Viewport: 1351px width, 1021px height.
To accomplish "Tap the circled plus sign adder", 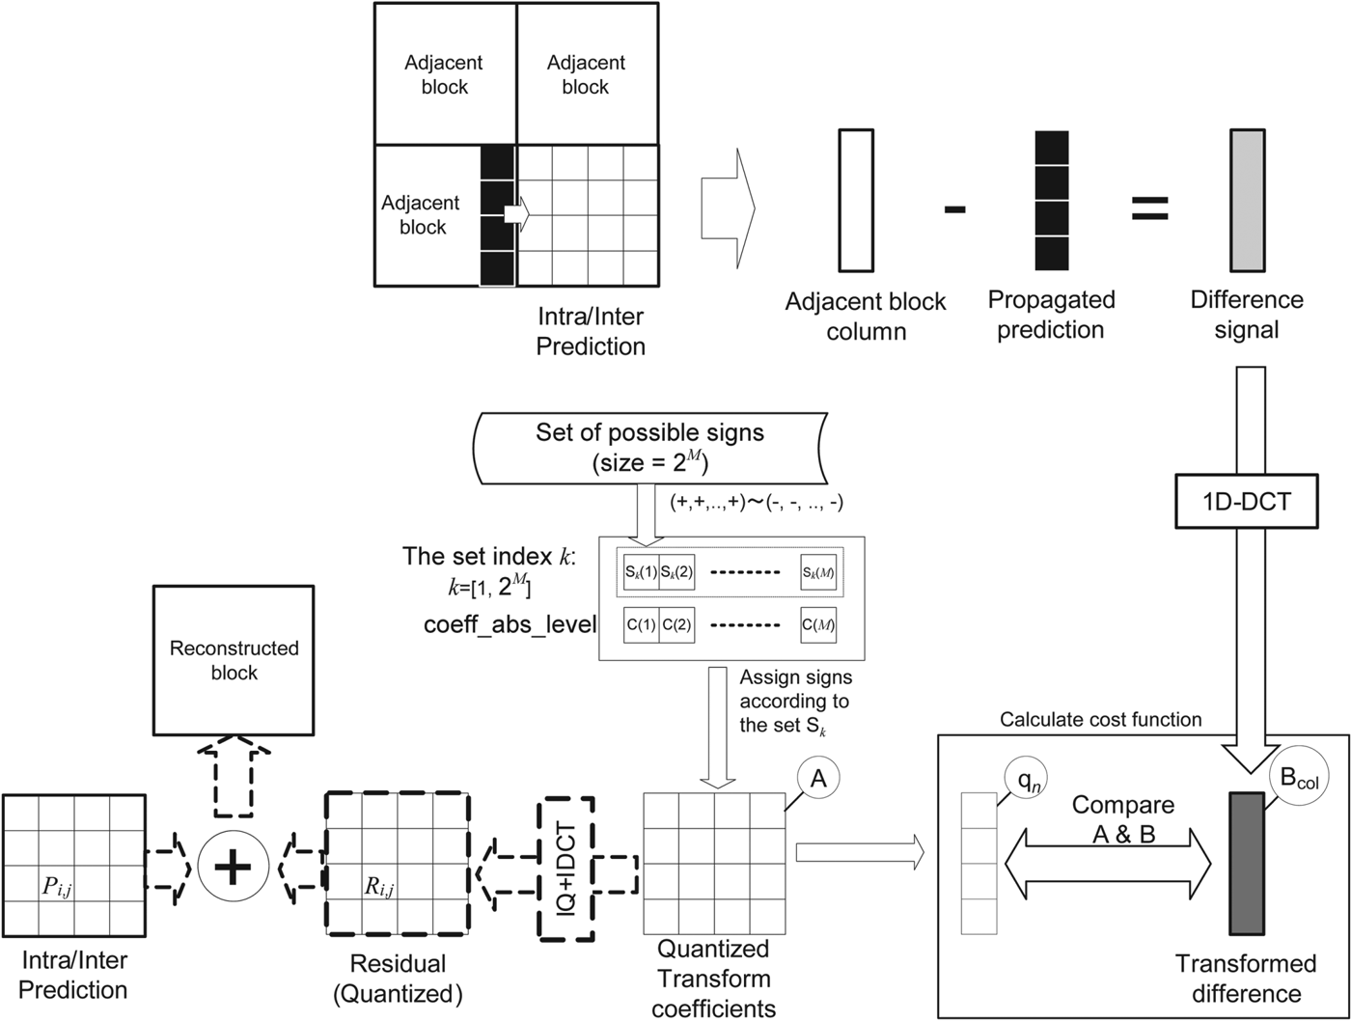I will pos(232,869).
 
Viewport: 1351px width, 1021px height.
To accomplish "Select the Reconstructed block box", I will pos(234,660).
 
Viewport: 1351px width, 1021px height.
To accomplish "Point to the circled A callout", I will pos(817,780).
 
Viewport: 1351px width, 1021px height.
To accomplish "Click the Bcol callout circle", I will pos(1298,780).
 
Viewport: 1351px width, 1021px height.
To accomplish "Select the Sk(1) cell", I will pos(641,572).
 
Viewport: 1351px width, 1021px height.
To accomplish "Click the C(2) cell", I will pos(676,624).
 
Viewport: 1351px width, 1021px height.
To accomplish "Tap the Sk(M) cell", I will pos(818,572).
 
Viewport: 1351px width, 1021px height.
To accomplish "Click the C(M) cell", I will pos(818,624).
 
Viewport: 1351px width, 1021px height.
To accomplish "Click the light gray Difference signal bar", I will pos(1246,201).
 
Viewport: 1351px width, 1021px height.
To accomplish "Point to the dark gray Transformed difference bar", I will pos(1246,863).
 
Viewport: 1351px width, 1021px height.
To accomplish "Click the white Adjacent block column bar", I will pos(856,201).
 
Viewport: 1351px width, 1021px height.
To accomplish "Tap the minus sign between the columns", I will pos(954,208).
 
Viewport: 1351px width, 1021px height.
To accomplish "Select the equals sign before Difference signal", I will pos(1149,208).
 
